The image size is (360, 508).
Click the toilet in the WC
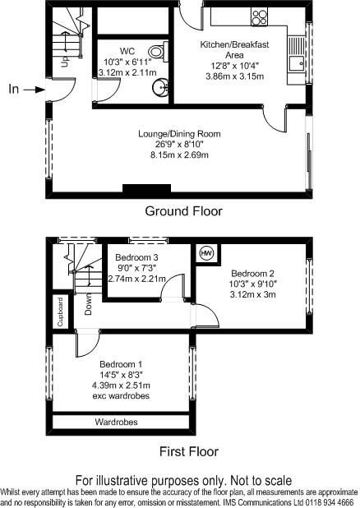tap(163, 53)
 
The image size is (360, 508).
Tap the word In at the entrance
tap(12, 89)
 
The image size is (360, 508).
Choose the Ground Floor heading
tap(183, 211)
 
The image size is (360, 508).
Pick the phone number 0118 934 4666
tap(328, 501)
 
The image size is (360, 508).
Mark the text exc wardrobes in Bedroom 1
tap(122, 395)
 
